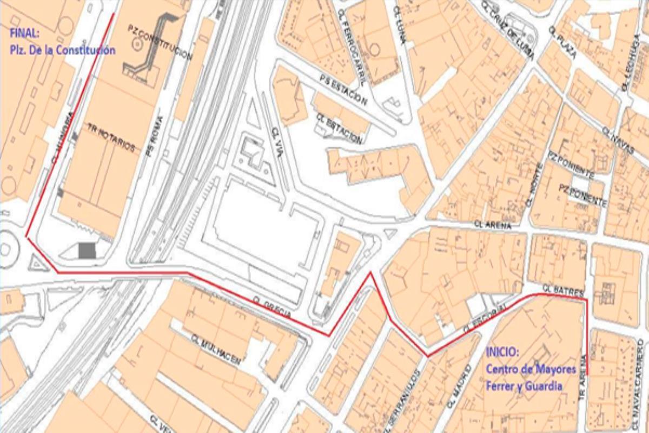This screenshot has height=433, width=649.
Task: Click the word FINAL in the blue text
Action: coord(24,34)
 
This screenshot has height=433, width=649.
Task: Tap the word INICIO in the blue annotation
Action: coord(502,352)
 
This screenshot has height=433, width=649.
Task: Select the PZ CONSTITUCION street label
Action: coord(161,42)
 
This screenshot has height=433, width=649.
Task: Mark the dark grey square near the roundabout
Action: coord(87,251)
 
